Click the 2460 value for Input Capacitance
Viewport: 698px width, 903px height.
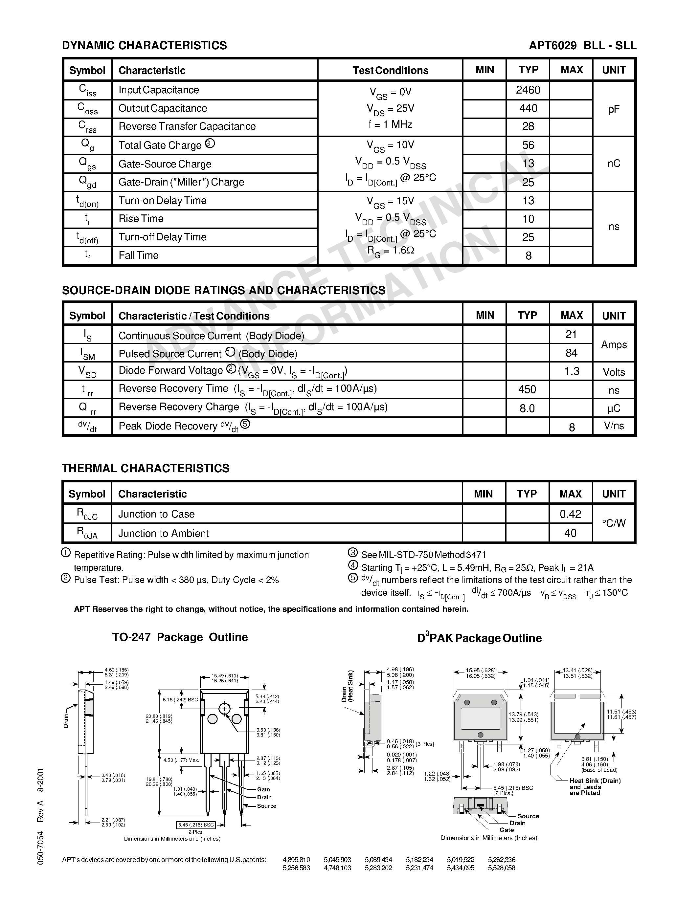[x=528, y=90]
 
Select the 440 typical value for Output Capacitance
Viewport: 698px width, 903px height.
[x=528, y=108]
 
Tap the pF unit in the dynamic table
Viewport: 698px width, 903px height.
[x=614, y=109]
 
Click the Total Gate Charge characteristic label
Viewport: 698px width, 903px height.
[x=160, y=145]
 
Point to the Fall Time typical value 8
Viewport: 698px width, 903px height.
[x=528, y=255]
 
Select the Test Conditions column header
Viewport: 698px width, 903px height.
[x=390, y=70]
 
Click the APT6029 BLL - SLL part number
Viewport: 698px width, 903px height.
[x=582, y=46]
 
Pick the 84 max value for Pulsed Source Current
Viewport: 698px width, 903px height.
[x=571, y=353]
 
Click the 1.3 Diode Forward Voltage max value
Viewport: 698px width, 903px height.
[x=572, y=371]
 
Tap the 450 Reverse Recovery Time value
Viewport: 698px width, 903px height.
[x=527, y=389]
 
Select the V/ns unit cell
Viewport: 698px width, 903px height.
[x=614, y=426]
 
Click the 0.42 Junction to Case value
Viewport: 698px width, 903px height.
[x=570, y=514]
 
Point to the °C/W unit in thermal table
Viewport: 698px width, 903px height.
[x=614, y=523]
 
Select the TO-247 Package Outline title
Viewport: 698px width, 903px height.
[x=180, y=637]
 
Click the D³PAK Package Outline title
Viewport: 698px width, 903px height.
[x=479, y=638]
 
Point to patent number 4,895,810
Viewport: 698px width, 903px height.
[x=296, y=860]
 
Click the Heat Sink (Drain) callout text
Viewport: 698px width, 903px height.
[x=595, y=781]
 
